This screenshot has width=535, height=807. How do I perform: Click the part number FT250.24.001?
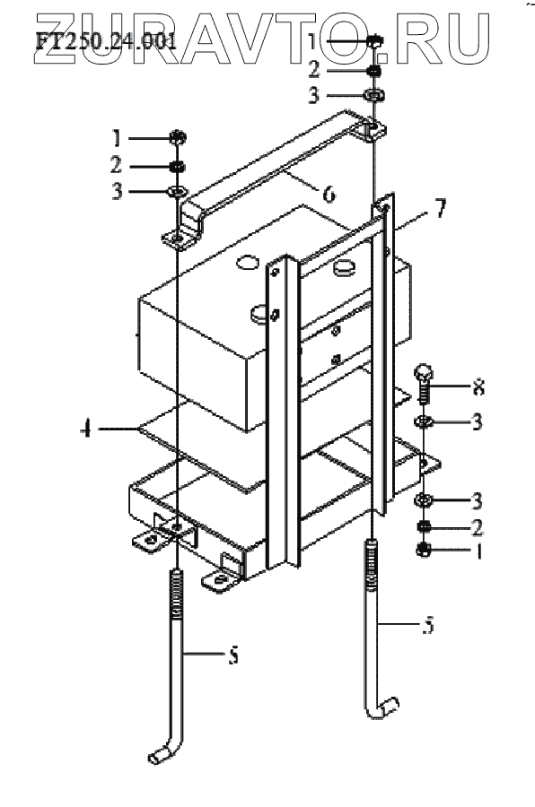point(106,40)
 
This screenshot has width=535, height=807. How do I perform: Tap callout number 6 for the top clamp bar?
point(329,194)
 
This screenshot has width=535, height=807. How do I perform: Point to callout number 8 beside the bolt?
point(478,386)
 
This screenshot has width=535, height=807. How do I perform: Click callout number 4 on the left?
point(86,429)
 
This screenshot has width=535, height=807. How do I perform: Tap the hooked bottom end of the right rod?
point(383,707)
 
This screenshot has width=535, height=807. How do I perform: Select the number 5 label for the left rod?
point(233,655)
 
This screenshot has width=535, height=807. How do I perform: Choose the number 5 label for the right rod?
point(429,624)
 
